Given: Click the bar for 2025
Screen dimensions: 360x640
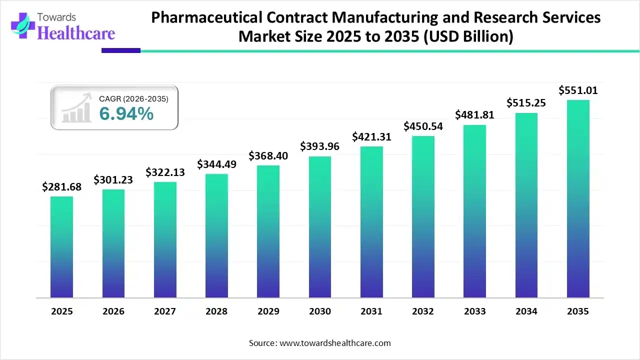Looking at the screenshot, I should pyautogui.click(x=61, y=247).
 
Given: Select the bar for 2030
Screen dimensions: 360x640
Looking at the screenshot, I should pyautogui.click(x=319, y=227).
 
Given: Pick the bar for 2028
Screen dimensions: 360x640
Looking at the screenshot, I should pyautogui.click(x=216, y=235).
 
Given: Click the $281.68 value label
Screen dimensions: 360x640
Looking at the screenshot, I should pyautogui.click(x=61, y=187).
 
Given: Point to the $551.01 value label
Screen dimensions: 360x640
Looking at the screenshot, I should pyautogui.click(x=578, y=90).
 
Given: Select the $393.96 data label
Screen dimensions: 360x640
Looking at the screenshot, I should pyautogui.click(x=319, y=146).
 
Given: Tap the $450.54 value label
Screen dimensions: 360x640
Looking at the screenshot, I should pyautogui.click(x=423, y=126).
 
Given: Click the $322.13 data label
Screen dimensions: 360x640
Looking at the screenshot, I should pyautogui.click(x=165, y=172).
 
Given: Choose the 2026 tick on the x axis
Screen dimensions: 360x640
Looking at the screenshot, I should pyautogui.click(x=113, y=311).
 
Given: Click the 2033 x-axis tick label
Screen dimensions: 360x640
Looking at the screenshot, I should pyautogui.click(x=474, y=311).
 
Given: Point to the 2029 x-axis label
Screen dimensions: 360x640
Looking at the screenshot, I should pyautogui.click(x=268, y=311).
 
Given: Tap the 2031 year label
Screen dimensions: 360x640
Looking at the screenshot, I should pyautogui.click(x=371, y=311).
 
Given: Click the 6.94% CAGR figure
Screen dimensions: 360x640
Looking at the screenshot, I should pyautogui.click(x=126, y=114).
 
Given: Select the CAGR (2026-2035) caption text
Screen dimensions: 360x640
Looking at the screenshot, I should pyautogui.click(x=133, y=99).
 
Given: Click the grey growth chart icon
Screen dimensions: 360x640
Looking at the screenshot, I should pyautogui.click(x=76, y=107).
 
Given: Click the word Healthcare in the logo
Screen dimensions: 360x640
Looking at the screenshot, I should pyautogui.click(x=76, y=33).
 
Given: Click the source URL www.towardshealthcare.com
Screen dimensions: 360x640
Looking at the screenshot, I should pyautogui.click(x=333, y=343).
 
